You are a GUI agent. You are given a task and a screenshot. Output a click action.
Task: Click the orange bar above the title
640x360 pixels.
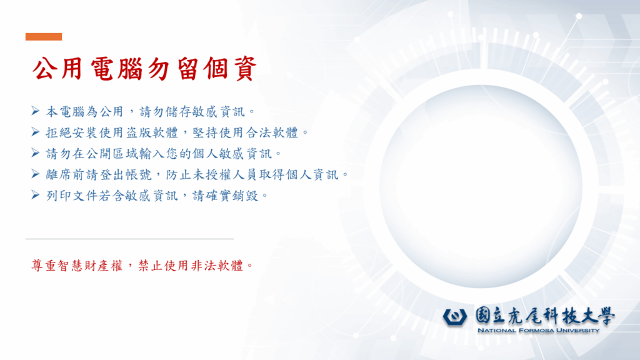(x=44, y=37)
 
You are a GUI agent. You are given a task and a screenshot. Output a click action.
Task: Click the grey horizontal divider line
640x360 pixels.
(x=129, y=239)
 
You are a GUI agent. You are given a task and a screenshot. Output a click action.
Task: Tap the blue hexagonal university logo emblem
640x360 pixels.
(x=457, y=316)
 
